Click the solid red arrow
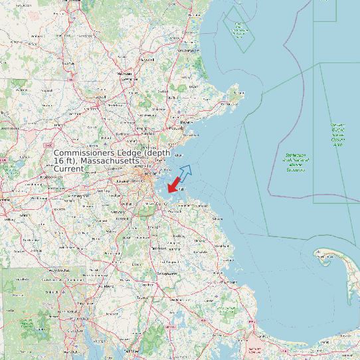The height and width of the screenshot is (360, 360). (x=175, y=184)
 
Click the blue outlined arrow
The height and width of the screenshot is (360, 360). (x=185, y=171)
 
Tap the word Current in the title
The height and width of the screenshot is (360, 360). (x=68, y=169)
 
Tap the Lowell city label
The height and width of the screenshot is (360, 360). (x=100, y=97)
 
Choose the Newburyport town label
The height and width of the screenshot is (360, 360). (x=188, y=50)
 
